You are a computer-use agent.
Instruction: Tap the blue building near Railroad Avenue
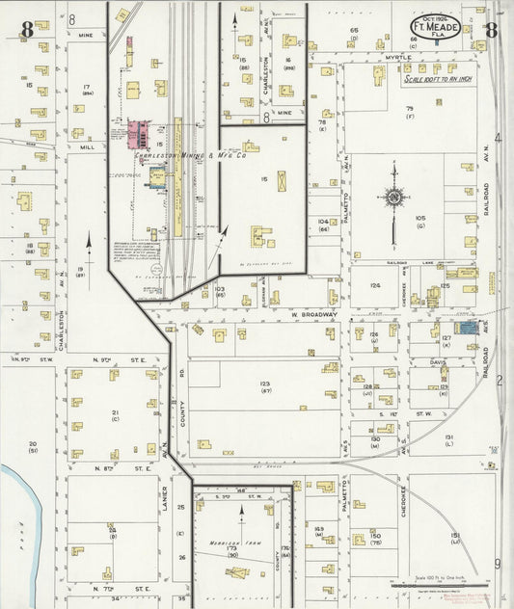467,329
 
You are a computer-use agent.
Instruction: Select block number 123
264,384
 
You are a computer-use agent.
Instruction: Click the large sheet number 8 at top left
28,29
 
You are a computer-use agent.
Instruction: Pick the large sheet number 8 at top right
491,29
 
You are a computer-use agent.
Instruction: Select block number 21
115,412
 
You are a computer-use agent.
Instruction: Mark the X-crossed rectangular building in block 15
282,181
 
